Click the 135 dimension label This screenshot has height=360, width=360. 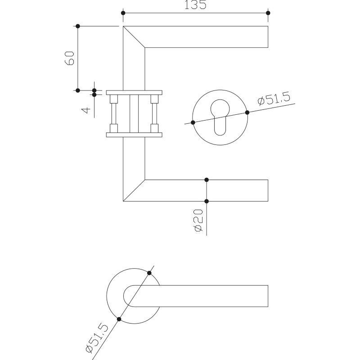[195, 4]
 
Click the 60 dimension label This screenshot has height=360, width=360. [70, 58]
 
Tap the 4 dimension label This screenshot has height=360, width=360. [85, 110]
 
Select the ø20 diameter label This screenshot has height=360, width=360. [198, 220]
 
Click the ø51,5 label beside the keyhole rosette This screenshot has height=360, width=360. [274, 99]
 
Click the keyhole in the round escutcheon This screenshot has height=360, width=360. [220, 117]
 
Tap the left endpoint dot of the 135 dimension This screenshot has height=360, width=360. [123, 13]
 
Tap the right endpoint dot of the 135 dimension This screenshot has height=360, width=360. [268, 13]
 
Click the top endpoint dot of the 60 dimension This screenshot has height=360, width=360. [78, 26]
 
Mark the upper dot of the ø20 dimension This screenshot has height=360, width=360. [207, 180]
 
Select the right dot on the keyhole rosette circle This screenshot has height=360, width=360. [247, 112]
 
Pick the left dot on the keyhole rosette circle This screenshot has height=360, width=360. [193, 122]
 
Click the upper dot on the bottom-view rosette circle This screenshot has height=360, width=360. [149, 273]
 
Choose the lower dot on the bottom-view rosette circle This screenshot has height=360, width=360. [119, 319]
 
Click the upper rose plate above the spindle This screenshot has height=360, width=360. [134, 93]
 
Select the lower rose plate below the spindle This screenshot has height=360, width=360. [134, 135]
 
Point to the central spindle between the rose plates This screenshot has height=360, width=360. [134, 114]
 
